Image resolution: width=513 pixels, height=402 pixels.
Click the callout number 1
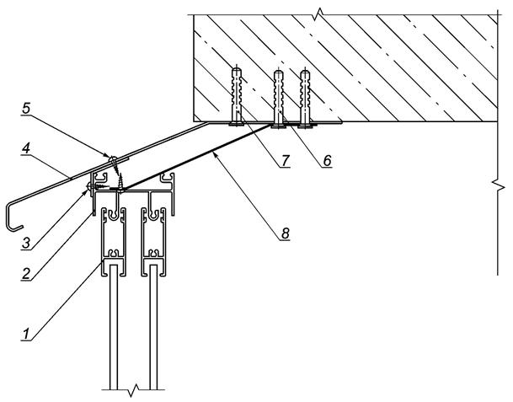click(x=26, y=335)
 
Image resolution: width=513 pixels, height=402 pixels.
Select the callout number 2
click(x=26, y=273)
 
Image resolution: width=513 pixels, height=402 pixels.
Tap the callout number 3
click(x=26, y=244)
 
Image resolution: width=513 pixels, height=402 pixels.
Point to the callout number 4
click(x=26, y=149)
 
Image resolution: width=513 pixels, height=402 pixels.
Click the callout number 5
click(x=26, y=109)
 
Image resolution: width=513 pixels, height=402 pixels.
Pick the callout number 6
click(x=327, y=160)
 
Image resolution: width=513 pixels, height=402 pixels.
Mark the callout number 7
click(x=285, y=160)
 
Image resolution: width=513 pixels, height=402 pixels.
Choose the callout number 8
click(x=285, y=233)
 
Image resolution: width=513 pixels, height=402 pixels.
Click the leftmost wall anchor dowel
click(x=237, y=97)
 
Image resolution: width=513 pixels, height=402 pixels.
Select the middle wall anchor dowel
click(x=279, y=99)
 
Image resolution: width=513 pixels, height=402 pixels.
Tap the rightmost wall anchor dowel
click(x=305, y=99)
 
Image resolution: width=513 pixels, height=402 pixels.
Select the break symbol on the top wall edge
click(x=319, y=14)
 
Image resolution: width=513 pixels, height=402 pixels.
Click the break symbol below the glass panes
click(x=133, y=389)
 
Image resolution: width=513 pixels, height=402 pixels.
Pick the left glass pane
click(x=113, y=327)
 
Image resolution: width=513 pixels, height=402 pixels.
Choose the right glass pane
click(x=153, y=327)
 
